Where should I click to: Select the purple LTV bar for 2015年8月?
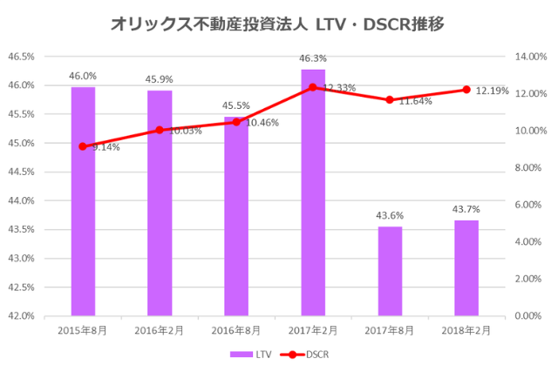[83, 200]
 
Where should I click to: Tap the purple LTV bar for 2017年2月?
[313, 192]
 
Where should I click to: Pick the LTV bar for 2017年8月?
[390, 270]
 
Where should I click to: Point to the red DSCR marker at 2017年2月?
[313, 87]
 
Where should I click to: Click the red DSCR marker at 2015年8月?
[83, 146]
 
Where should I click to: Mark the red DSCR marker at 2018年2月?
[466, 90]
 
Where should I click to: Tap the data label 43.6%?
[390, 215]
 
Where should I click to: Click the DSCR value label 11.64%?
[416, 102]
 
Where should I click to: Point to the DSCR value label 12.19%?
[493, 91]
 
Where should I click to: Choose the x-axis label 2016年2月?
[160, 330]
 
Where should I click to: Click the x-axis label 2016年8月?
[236, 330]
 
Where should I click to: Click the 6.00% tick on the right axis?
[528, 205]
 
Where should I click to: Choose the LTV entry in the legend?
[252, 355]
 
